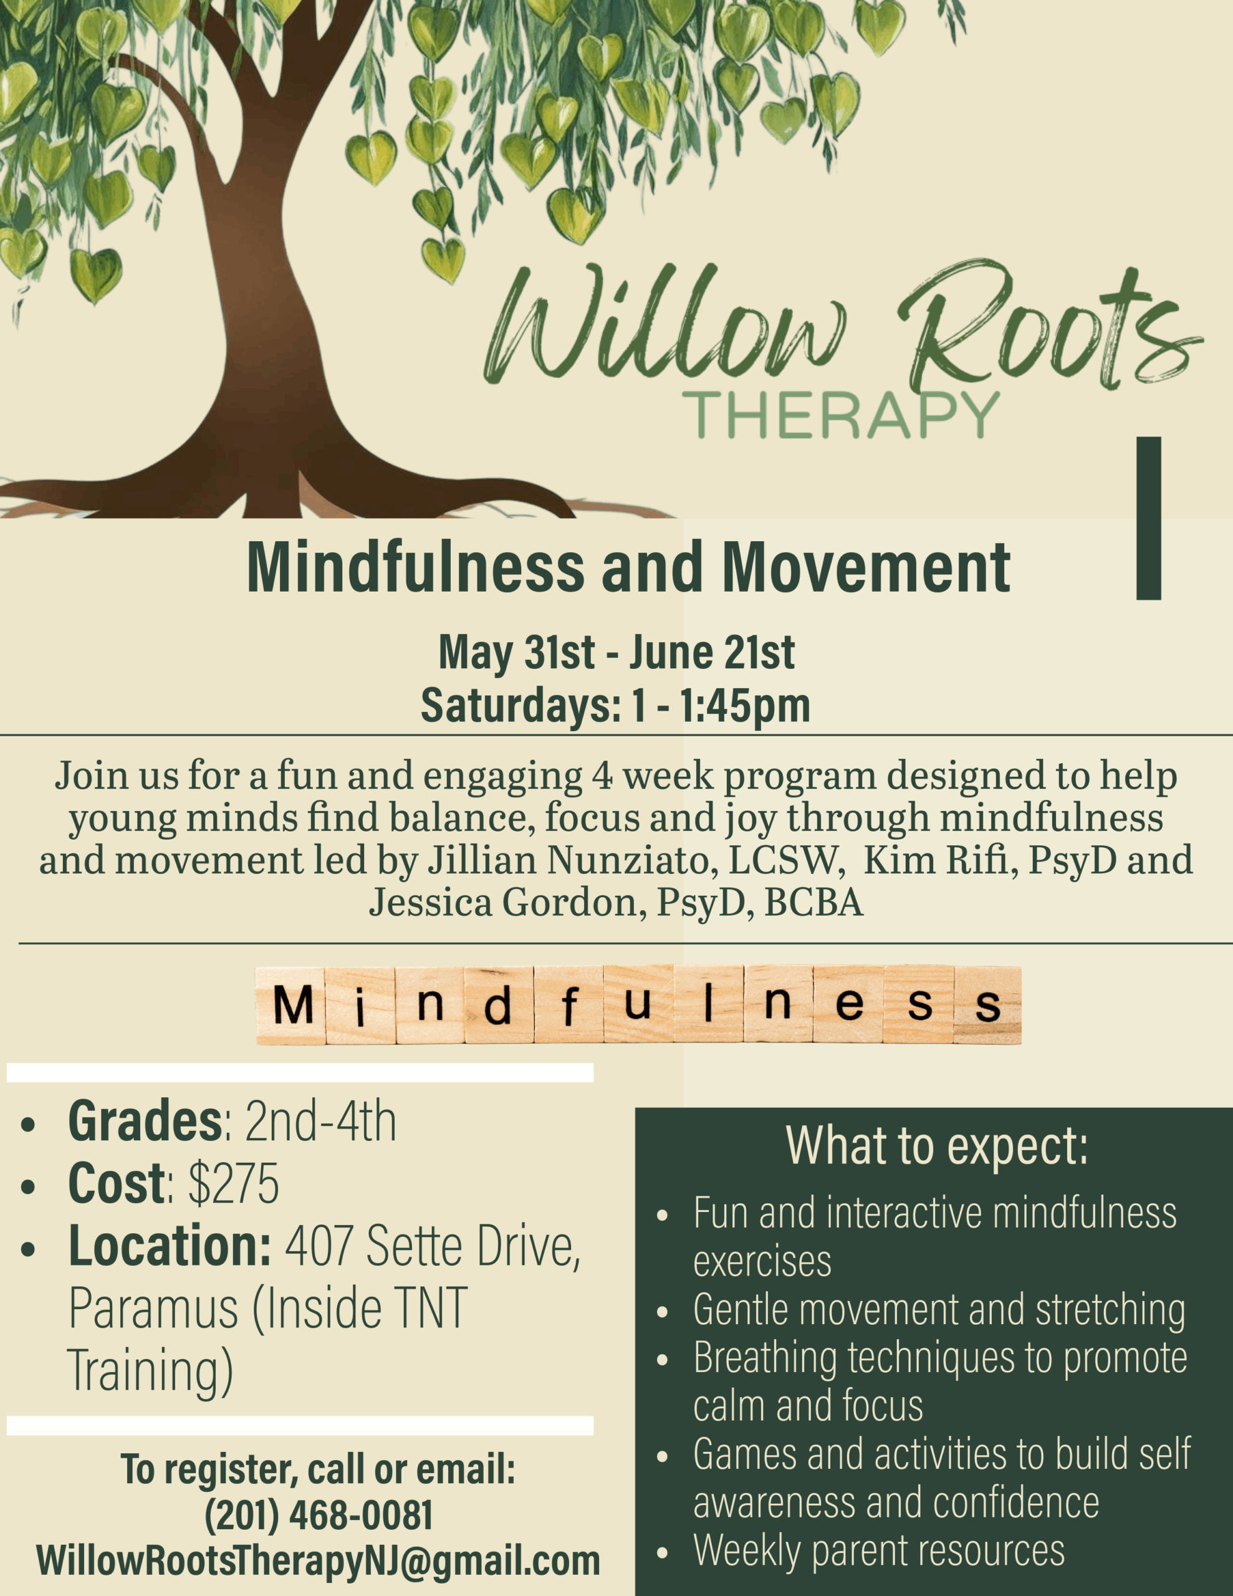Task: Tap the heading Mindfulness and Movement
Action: tap(628, 568)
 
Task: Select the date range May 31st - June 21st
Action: tap(616, 652)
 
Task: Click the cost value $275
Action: tap(233, 1183)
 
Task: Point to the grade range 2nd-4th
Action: tap(320, 1120)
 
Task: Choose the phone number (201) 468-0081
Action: tap(319, 1515)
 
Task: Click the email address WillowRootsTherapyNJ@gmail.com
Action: tap(318, 1560)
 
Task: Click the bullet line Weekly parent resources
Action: tap(878, 1550)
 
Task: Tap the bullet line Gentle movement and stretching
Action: tap(939, 1309)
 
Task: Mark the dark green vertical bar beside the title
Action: tap(1149, 518)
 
